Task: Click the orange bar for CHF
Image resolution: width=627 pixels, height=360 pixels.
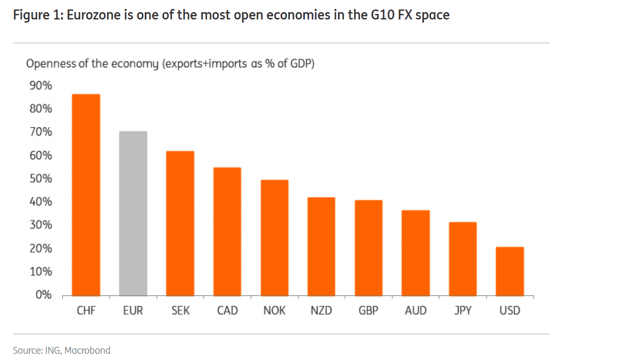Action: click(x=86, y=195)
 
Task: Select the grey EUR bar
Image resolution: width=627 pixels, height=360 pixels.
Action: click(x=133, y=213)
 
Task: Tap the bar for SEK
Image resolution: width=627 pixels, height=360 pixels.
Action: click(x=180, y=223)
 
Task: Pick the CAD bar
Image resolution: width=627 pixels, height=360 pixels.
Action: click(x=227, y=232)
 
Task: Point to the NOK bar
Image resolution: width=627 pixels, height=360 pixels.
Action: click(x=274, y=237)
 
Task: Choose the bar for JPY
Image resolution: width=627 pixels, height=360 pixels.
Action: click(x=462, y=258)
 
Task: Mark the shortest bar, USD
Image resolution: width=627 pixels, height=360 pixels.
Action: click(x=510, y=271)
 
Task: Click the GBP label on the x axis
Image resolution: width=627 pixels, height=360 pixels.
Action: click(x=368, y=311)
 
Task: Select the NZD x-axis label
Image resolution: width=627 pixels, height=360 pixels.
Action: click(x=321, y=311)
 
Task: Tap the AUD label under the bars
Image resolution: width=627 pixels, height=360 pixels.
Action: click(x=415, y=311)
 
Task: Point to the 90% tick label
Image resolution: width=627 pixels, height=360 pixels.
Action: click(x=40, y=86)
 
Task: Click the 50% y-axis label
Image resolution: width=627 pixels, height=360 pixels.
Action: click(x=40, y=178)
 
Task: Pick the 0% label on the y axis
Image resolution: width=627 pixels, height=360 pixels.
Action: click(x=43, y=295)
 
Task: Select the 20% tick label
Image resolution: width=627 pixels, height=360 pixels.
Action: click(x=40, y=248)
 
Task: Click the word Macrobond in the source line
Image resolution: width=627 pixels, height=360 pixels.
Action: click(x=87, y=350)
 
